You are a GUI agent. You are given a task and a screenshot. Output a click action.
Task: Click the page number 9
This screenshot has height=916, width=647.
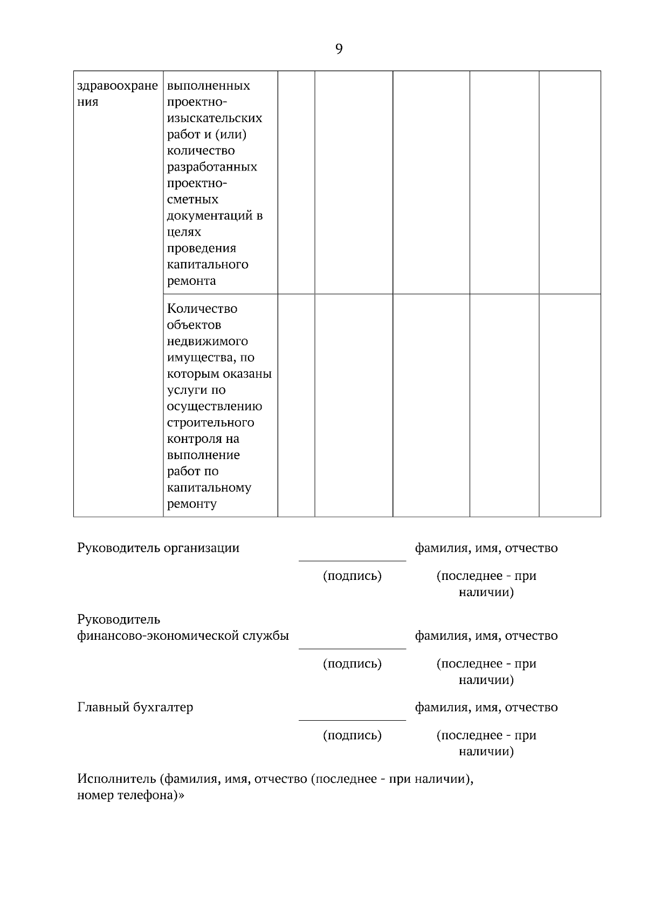[x=339, y=49]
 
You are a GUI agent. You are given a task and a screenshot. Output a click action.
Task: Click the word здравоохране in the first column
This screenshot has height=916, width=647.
[x=118, y=86]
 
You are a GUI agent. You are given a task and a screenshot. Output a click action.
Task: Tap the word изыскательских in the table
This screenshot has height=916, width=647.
[x=215, y=118]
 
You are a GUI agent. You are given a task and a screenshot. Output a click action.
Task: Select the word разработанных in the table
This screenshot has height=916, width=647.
[x=212, y=167]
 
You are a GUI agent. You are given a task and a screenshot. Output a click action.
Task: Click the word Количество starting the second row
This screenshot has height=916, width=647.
[x=202, y=309]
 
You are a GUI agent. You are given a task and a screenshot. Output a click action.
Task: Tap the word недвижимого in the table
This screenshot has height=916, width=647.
[x=208, y=341]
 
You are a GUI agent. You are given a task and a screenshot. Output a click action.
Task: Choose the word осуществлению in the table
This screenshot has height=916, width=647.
[x=215, y=406]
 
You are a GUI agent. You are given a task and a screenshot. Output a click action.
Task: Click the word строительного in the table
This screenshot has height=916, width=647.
[x=210, y=422]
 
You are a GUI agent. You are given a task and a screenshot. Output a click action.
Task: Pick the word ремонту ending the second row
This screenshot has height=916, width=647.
[x=192, y=504]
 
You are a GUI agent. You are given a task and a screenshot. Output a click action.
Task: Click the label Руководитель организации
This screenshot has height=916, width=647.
[x=158, y=548]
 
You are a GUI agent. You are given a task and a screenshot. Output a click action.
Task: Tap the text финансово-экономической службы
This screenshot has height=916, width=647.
[x=183, y=635]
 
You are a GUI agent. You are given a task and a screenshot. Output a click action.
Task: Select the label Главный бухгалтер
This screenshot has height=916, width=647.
[x=135, y=707]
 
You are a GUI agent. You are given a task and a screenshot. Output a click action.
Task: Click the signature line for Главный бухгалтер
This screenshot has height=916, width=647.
[x=352, y=719]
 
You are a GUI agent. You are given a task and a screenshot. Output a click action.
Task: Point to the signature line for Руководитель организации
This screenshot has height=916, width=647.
[x=352, y=560]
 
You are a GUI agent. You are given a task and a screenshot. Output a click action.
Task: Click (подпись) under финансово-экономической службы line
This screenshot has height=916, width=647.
[x=352, y=664]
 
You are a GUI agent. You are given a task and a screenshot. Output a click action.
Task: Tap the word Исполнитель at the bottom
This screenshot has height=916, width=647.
[x=116, y=779]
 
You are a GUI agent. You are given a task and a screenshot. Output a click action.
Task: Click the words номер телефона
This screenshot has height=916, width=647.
[x=127, y=795]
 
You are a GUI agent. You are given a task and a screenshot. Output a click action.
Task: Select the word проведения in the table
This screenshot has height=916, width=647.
[x=201, y=248]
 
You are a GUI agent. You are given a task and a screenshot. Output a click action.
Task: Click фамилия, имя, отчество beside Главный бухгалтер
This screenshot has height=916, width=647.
[x=486, y=707]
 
